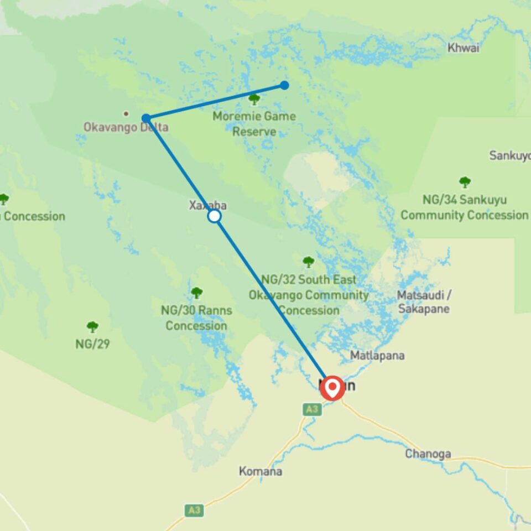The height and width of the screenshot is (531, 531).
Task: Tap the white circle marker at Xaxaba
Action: (x=215, y=216)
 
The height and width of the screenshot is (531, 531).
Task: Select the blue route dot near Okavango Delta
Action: (x=146, y=118)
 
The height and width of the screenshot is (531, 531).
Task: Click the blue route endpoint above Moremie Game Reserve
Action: (x=284, y=85)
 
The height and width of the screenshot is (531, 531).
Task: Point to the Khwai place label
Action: (x=464, y=48)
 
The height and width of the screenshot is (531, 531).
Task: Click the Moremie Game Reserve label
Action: (x=254, y=124)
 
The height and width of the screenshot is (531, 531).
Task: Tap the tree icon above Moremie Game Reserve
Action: (x=254, y=100)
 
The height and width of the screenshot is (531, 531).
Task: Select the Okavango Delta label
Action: (x=126, y=127)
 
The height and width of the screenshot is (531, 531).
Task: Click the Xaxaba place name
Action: (x=208, y=205)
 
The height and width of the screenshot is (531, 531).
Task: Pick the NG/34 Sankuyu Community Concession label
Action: (x=464, y=207)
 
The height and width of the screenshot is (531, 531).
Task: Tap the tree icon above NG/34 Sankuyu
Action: (x=465, y=182)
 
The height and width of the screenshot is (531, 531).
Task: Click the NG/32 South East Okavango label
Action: (x=309, y=295)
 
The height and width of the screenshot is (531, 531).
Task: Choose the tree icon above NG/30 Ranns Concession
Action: (x=196, y=293)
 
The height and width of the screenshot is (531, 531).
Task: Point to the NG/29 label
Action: (x=92, y=344)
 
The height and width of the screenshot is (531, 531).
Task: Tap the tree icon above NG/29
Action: (x=92, y=327)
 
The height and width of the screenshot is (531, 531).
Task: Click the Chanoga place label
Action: (x=428, y=454)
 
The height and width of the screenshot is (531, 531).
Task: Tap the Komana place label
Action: (x=261, y=471)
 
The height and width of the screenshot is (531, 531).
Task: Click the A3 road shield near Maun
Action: (x=311, y=409)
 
